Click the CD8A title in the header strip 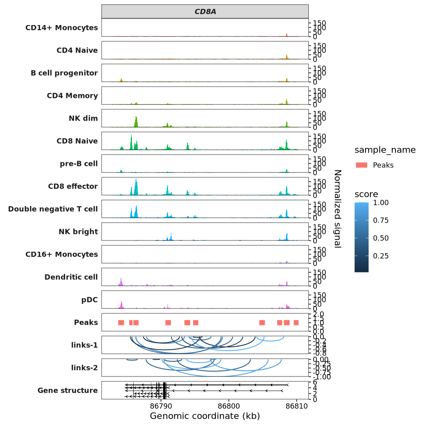coord(205,12)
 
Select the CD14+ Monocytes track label coord(62,28)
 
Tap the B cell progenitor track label coord(64,73)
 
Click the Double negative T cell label coord(53,209)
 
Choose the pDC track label coord(89,300)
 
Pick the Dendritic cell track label coord(71,277)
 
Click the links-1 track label coord(83,345)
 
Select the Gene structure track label coord(67,391)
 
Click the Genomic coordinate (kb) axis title coord(205,416)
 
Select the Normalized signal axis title coord(337,208)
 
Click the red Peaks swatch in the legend coord(361,165)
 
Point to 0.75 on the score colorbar coord(380,220)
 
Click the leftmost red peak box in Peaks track coord(121,323)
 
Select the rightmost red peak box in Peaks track coord(296,323)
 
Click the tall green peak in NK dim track coord(136,121)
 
